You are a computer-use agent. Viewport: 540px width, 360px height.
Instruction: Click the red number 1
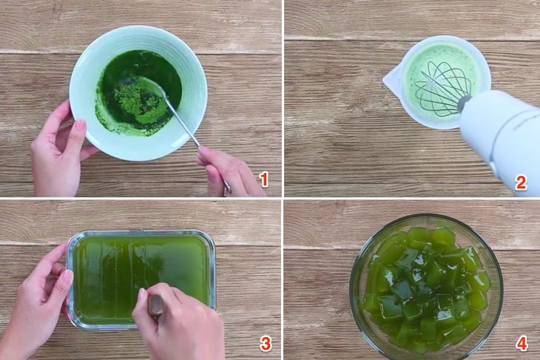(x=264, y=180)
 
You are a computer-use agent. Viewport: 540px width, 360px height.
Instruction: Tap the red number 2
(x=521, y=183)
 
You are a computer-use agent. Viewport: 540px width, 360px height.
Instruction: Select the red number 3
(x=265, y=344)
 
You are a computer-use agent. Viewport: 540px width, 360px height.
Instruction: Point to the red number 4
(x=522, y=343)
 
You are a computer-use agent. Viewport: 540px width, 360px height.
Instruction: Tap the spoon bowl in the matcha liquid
(x=150, y=85)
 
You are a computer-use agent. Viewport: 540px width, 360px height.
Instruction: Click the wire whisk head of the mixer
(x=442, y=89)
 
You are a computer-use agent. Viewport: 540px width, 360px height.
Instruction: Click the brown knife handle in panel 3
(x=155, y=305)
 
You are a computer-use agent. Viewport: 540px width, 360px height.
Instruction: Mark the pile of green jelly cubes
(x=426, y=288)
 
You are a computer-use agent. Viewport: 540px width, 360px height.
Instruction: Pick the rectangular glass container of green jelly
(x=141, y=279)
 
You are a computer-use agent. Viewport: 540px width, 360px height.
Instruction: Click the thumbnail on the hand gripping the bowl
(x=80, y=125)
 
